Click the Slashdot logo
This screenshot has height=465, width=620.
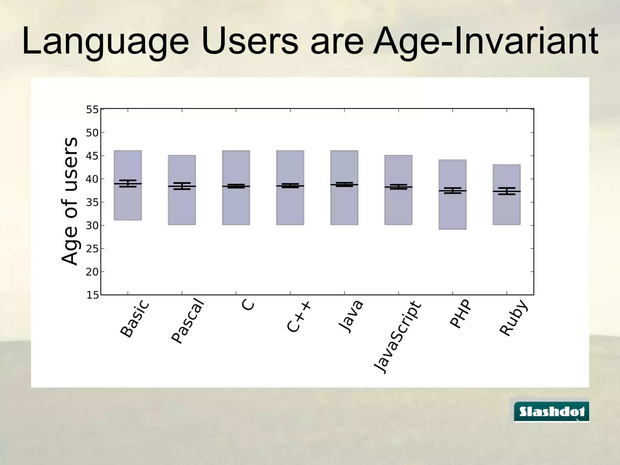(552, 411)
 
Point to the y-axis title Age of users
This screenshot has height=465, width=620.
(70, 201)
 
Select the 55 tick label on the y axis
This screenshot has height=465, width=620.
(92, 110)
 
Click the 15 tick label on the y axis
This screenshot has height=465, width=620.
(92, 295)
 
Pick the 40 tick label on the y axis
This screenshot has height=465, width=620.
(92, 179)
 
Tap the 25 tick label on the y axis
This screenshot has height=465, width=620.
(92, 249)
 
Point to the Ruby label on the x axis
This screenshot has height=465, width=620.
(514, 318)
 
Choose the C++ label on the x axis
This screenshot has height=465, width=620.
(298, 317)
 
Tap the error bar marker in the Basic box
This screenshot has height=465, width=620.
(128, 183)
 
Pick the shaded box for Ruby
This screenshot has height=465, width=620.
(506, 209)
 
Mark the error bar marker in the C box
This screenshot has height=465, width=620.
(236, 186)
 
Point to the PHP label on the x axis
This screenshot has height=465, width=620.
(460, 314)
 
